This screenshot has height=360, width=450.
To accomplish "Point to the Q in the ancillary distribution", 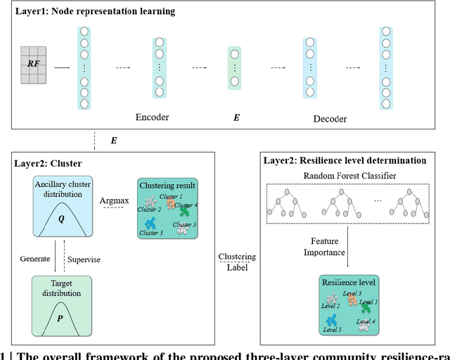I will coord(61,219).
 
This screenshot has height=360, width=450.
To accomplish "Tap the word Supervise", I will coord(84,259).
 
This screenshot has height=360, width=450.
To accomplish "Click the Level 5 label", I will coord(333,329).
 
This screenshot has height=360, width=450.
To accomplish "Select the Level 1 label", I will coord(368,301).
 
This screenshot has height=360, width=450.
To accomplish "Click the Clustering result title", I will coord(167,186).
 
